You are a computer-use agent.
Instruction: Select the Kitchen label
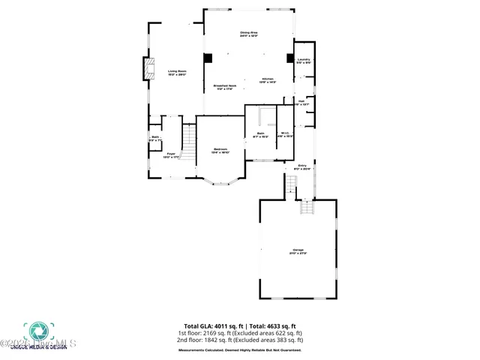pos(268,80)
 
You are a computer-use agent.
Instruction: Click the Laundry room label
pos(304,61)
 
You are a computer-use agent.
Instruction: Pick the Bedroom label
pos(220,150)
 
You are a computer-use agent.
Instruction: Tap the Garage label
pos(298,251)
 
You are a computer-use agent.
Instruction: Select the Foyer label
pos(171,155)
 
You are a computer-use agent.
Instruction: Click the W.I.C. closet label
pos(285,135)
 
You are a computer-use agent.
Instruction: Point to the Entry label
pos(302,166)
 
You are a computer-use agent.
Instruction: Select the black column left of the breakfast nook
pos(208,58)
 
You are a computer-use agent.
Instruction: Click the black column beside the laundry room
pos(290,58)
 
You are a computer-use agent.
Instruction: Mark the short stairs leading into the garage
pos(306,207)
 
